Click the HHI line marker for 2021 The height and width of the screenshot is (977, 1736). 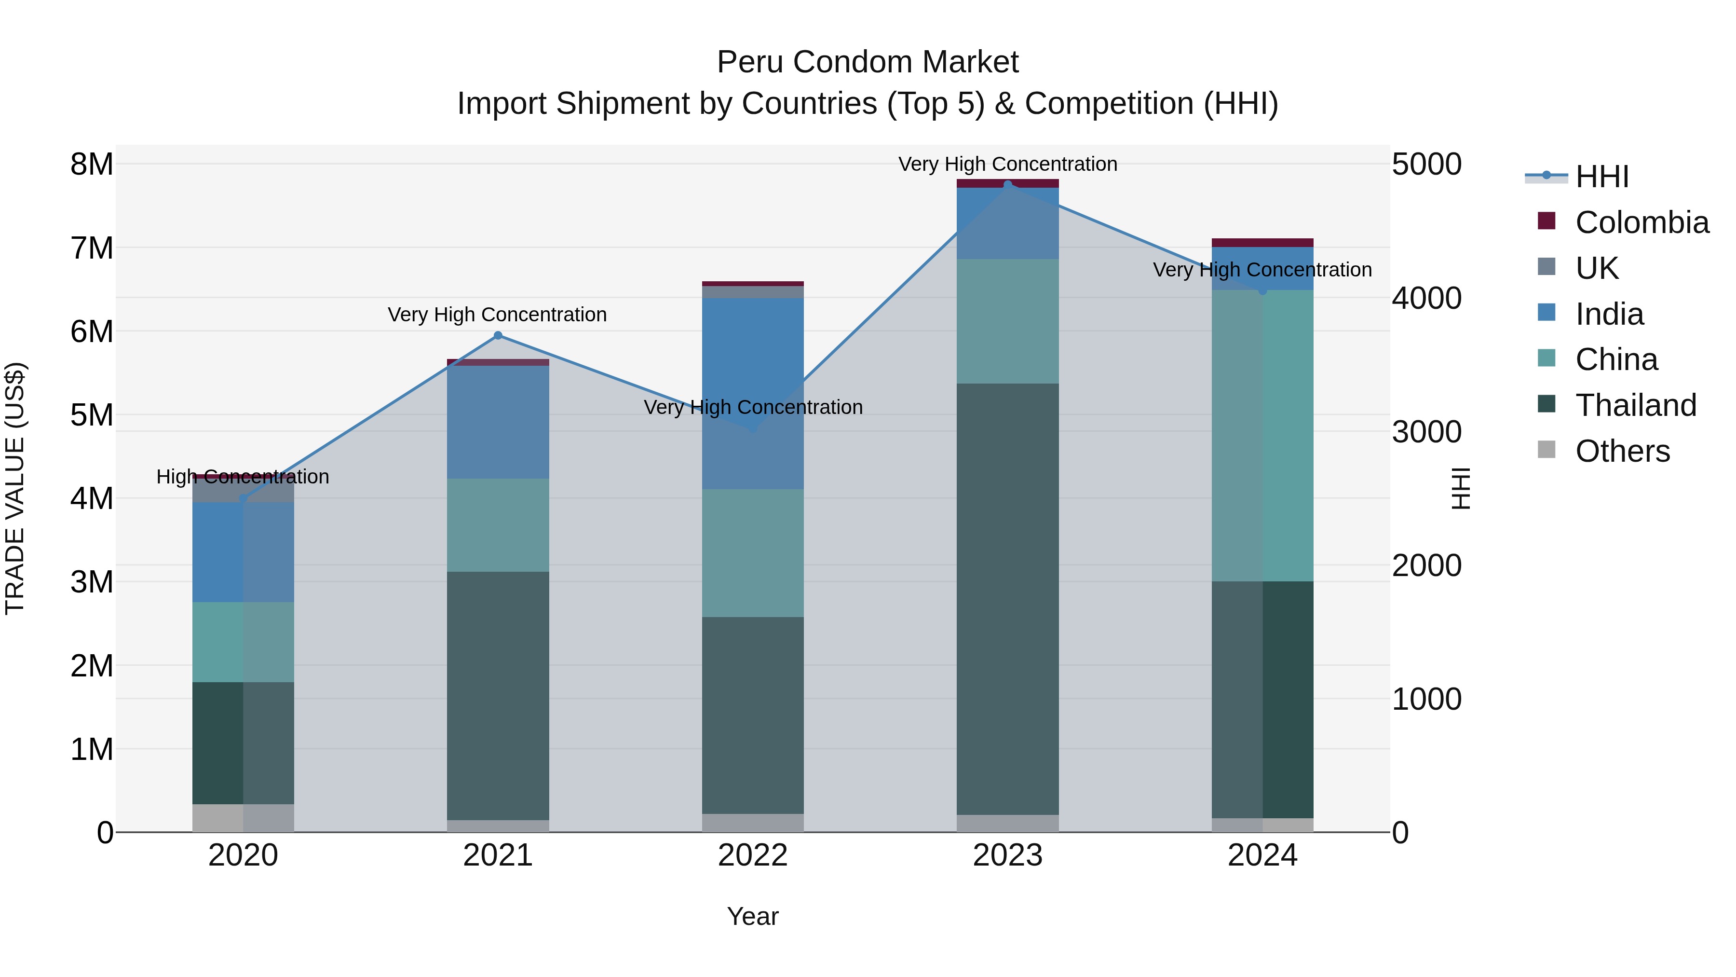coord(498,335)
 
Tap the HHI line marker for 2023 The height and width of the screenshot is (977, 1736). coord(1007,185)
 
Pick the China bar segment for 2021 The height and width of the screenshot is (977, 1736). coord(498,525)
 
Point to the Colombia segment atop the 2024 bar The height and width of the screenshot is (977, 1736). coord(1262,243)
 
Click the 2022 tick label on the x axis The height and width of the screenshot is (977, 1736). coord(753,855)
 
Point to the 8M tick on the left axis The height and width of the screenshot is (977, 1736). coord(92,165)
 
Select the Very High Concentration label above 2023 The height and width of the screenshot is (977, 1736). coord(1007,164)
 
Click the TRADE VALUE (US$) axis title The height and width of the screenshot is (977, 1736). coord(15,488)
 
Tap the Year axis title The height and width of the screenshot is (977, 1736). coord(753,916)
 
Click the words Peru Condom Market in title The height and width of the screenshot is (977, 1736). coord(868,62)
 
